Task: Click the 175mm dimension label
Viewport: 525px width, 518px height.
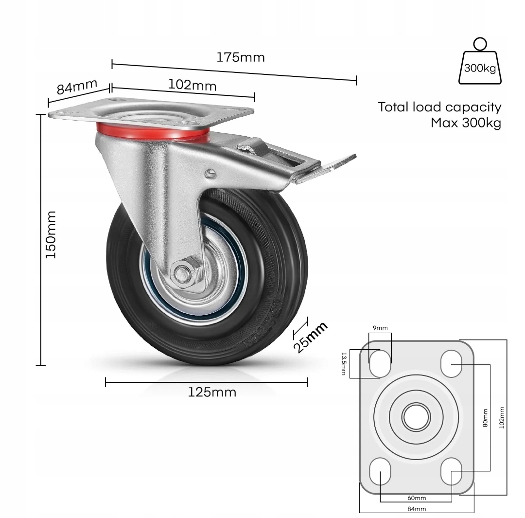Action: (x=241, y=57)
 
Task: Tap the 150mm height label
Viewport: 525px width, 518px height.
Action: (x=51, y=234)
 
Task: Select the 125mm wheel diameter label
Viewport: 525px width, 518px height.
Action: (x=212, y=392)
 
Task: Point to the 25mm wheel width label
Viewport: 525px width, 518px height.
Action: (x=310, y=337)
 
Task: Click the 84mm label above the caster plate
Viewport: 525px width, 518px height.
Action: (x=77, y=87)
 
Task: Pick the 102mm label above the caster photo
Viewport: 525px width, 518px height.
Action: (x=192, y=85)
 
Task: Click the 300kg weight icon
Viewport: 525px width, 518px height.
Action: (x=480, y=61)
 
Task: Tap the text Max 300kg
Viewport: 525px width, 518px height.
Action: (x=466, y=123)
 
